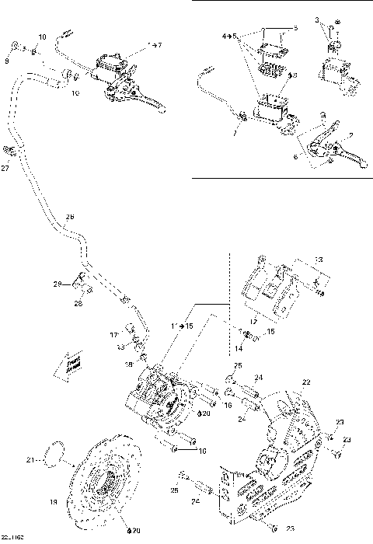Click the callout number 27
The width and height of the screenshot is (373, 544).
[x=6, y=167]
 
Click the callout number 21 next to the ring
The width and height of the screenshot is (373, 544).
[x=30, y=460]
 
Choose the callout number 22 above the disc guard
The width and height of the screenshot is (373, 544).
[x=307, y=382]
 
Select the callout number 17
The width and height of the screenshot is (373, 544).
[x=113, y=335]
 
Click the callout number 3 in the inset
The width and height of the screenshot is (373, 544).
[x=316, y=18]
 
